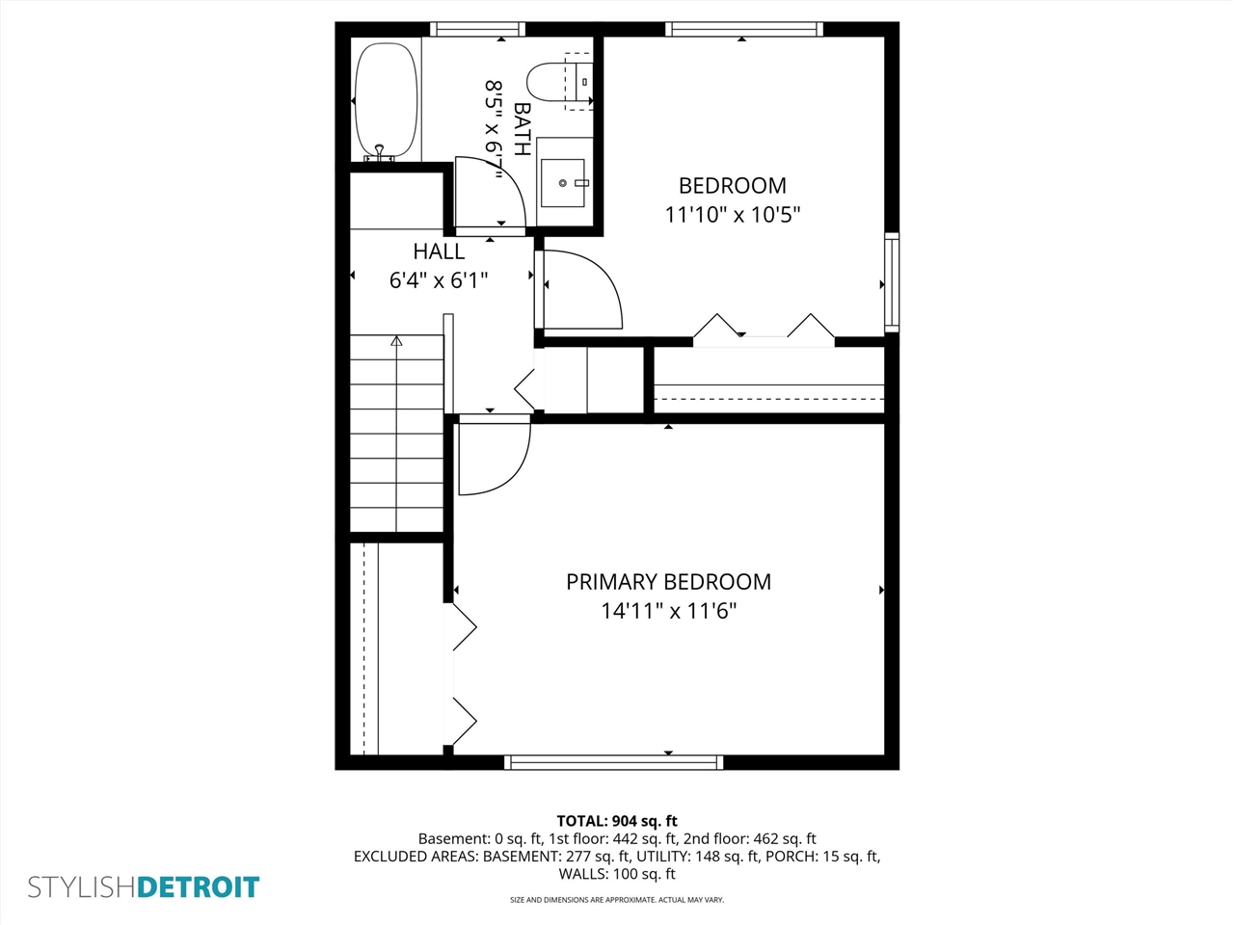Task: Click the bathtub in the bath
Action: [x=387, y=99]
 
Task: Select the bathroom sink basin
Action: [x=563, y=183]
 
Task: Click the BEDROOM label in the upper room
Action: [x=732, y=186]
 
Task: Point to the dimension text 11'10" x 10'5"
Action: [x=732, y=215]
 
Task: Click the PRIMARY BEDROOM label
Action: [x=668, y=582]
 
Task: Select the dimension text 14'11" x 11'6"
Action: [x=668, y=611]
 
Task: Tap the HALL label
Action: [x=439, y=251]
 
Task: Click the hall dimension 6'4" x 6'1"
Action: [x=439, y=280]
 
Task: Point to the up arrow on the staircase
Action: [x=396, y=341]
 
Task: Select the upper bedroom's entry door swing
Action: [x=580, y=289]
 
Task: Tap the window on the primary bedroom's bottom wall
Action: [x=613, y=762]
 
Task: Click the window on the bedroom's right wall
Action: [x=892, y=282]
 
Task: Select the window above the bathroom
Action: [x=477, y=30]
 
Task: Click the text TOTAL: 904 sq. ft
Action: [x=617, y=821]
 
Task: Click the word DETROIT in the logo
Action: [x=199, y=887]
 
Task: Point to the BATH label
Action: [x=522, y=128]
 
